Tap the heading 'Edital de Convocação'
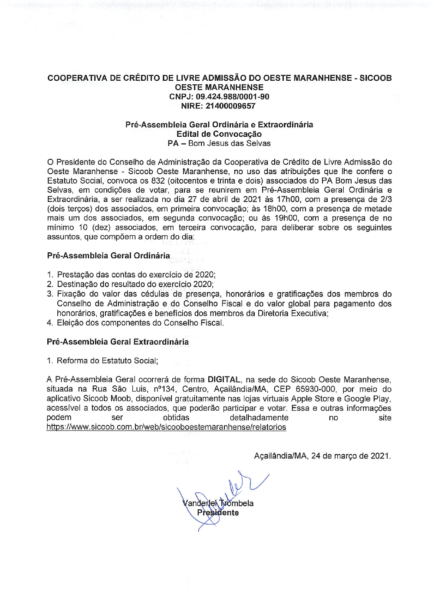[x=219, y=134]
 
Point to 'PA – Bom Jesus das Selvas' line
[x=219, y=143]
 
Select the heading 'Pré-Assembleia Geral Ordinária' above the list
[x=108, y=256]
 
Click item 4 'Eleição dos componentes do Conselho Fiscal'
[x=140, y=323]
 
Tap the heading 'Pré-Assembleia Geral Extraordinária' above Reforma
[x=118, y=342]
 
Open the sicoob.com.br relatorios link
[x=166, y=427]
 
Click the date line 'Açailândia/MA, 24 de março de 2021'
[x=322, y=456]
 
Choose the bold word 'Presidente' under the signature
[x=218, y=513]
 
